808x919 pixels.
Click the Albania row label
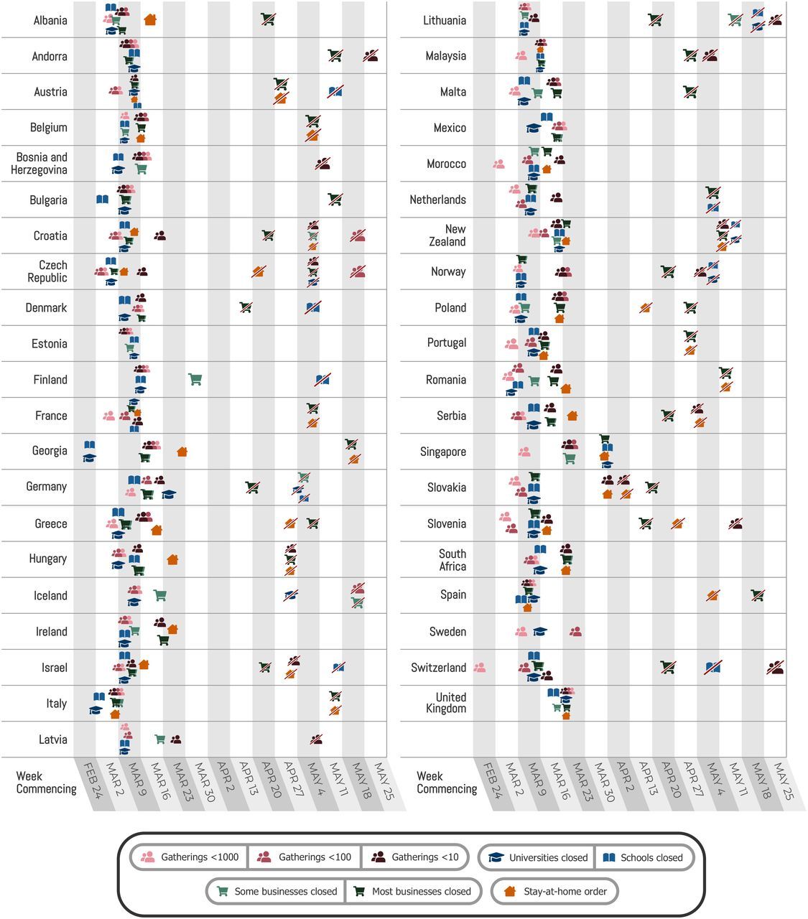click(x=50, y=20)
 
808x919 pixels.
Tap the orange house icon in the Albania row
click(x=150, y=20)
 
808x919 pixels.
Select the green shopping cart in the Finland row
click(x=195, y=379)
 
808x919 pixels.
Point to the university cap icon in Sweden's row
click(x=539, y=631)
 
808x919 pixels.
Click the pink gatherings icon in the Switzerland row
click(x=480, y=667)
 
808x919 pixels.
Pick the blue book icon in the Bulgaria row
click(x=103, y=200)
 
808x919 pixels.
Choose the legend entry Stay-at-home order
click(x=554, y=892)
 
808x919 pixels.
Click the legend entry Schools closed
click(x=644, y=857)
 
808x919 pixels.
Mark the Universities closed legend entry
click(x=538, y=857)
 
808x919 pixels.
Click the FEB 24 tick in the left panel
click(x=90, y=777)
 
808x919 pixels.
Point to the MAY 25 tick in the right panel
click(x=783, y=777)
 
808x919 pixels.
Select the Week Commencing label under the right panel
click(x=446, y=783)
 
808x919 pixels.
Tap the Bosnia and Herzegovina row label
click(x=42, y=164)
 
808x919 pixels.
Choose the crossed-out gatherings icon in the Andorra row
click(x=371, y=55)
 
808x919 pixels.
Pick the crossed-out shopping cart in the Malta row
click(x=690, y=92)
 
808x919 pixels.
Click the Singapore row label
click(x=442, y=452)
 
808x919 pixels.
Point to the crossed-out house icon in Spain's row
click(x=712, y=595)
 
